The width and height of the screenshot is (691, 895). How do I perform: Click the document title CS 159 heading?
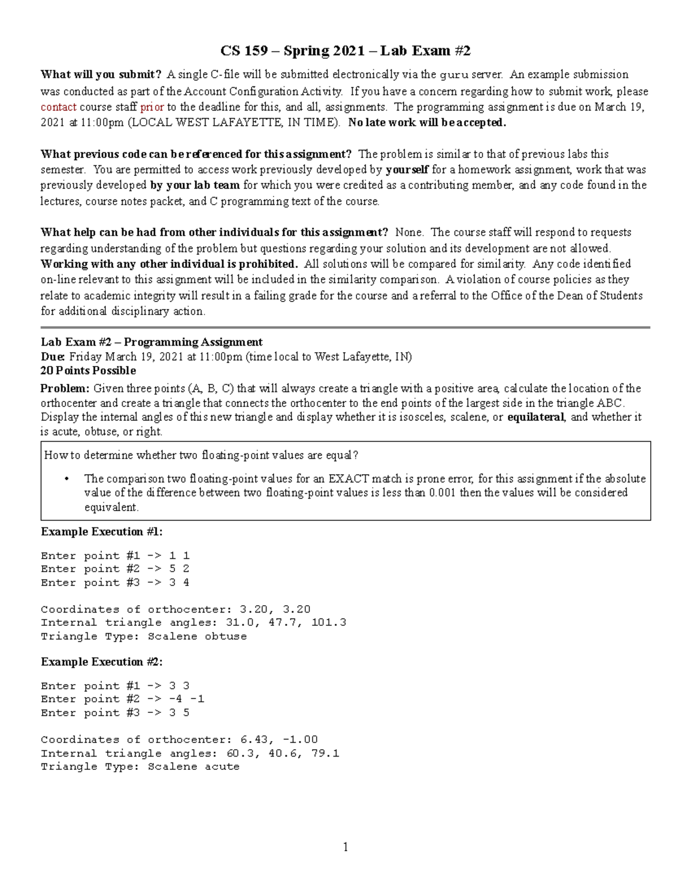(345, 51)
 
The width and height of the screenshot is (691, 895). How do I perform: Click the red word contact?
(58, 107)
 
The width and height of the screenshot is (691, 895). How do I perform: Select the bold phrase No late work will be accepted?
(427, 122)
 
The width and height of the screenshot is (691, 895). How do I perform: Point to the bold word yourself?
(407, 169)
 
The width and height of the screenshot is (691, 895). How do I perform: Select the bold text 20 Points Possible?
(88, 371)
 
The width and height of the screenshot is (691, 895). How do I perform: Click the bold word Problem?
(65, 388)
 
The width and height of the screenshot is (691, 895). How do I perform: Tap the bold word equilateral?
(535, 417)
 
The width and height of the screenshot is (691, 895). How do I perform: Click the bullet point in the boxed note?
(67, 478)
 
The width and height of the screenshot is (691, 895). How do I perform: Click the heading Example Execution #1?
(101, 531)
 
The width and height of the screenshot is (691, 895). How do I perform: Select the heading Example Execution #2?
(101, 662)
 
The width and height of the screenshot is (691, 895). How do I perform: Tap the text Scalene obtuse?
(197, 636)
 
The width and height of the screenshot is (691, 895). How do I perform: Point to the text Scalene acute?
(193, 766)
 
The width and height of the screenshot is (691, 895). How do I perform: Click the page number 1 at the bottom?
(345, 847)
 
